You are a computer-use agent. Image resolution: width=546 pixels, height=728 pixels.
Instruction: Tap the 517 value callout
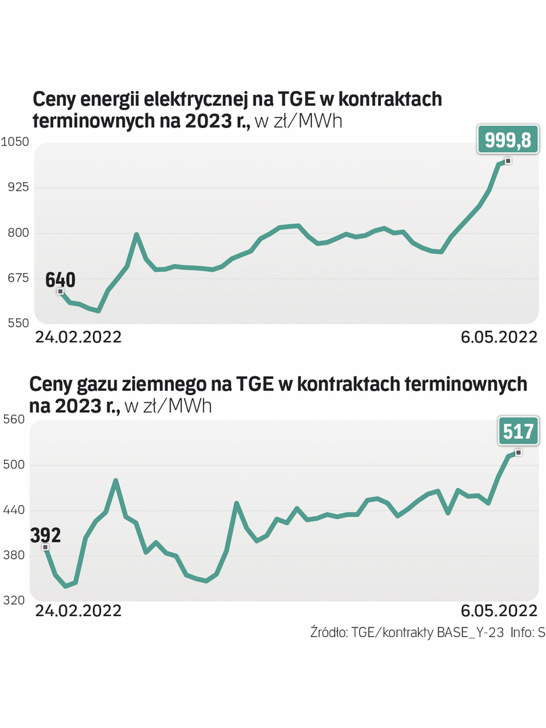point(518,431)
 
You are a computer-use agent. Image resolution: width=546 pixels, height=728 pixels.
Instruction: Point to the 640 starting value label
point(61,279)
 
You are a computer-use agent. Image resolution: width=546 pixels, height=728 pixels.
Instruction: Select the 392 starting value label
point(45,536)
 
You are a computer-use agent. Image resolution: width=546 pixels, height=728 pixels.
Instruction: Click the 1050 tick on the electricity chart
point(14,142)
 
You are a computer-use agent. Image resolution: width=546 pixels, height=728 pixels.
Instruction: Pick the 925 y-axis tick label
point(14,187)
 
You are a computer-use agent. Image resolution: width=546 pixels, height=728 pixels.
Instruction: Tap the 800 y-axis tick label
point(14,233)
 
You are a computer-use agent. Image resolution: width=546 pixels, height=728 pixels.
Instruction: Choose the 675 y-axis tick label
point(14,278)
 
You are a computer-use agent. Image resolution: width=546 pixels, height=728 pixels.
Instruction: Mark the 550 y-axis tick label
point(14,324)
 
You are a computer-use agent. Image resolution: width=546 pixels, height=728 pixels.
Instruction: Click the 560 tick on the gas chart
point(14,419)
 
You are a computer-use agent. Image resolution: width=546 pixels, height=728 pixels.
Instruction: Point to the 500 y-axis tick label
point(14,465)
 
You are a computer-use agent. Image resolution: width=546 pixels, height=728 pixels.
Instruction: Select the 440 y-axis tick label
point(14,510)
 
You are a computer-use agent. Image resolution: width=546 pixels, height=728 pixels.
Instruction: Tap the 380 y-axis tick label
point(14,555)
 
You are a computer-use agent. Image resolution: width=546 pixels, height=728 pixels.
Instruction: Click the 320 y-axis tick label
point(14,601)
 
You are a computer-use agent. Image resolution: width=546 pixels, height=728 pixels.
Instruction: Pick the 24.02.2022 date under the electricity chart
point(78,337)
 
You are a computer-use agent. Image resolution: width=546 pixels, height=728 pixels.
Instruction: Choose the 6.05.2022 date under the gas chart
point(499,611)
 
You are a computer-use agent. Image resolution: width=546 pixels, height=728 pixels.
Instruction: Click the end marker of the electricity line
point(508,160)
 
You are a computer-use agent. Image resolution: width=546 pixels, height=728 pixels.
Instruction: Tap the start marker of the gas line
point(45,547)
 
